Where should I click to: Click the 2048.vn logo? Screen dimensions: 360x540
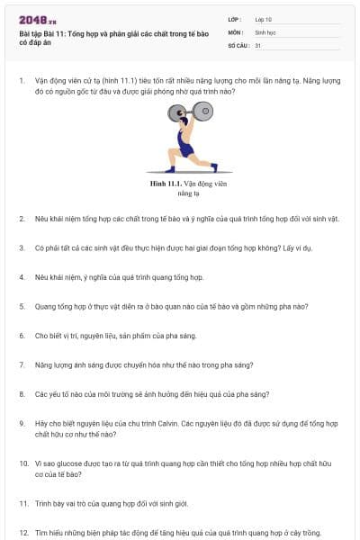[38, 21]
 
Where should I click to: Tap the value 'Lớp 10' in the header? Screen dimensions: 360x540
[263, 20]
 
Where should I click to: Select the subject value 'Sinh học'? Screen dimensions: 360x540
[265, 32]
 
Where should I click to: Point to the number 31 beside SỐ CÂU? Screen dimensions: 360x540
[257, 46]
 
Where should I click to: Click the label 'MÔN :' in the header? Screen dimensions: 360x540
[236, 32]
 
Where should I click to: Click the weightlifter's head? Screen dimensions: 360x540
[184, 121]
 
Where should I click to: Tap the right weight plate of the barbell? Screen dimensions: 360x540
[202, 112]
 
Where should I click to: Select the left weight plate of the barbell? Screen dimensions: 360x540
[177, 113]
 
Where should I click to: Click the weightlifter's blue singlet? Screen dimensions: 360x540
[184, 143]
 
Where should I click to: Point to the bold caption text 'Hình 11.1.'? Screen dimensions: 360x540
[166, 184]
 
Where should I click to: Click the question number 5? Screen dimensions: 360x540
[22, 307]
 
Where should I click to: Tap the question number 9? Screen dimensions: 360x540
[22, 424]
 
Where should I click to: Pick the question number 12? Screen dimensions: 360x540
[23, 533]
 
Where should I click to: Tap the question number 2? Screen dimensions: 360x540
[22, 219]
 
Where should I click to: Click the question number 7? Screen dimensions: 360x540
[22, 365]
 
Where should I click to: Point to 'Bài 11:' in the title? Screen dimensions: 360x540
[54, 34]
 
